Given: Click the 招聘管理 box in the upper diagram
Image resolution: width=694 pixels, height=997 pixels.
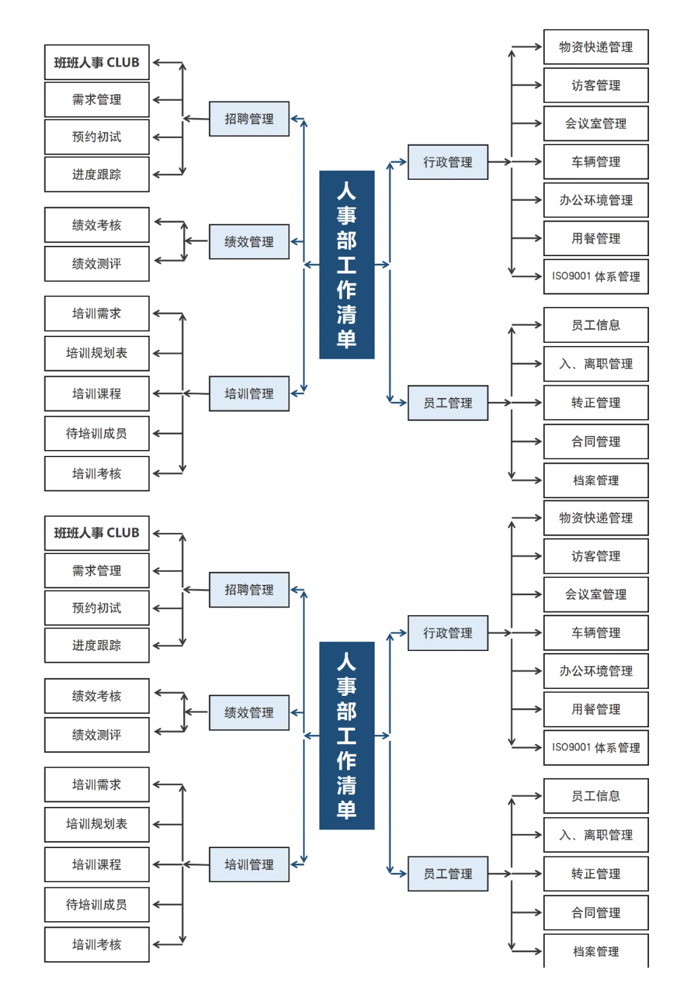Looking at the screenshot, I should tap(249, 119).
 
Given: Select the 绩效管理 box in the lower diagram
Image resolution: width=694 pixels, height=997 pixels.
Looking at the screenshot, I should tap(249, 713).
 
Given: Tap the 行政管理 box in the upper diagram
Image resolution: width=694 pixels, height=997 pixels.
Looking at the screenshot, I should tap(447, 162).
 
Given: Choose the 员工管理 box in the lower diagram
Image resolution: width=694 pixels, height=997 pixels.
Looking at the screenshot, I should tap(447, 874).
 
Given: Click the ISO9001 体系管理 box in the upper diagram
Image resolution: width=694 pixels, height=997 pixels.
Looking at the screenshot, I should tap(596, 277).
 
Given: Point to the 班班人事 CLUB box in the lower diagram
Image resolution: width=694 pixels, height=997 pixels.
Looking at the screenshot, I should tap(96, 533).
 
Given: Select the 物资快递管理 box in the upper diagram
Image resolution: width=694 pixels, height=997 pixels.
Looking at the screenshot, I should tap(596, 47).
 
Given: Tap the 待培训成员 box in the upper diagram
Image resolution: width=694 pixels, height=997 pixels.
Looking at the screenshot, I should tap(96, 433).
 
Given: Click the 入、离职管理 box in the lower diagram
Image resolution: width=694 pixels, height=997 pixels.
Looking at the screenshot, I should tap(596, 835).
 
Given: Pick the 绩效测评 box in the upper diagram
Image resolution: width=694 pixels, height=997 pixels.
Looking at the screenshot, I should tap(96, 263).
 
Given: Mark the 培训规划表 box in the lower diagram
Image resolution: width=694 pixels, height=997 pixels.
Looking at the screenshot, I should tap(96, 824).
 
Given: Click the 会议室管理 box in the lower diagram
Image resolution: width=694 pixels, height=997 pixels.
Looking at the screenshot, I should tap(596, 594).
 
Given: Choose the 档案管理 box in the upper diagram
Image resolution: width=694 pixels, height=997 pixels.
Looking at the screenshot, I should tap(596, 480).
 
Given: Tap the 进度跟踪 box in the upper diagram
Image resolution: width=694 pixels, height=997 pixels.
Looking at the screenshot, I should tap(96, 175).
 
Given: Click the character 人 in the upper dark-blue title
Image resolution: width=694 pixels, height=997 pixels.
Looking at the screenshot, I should tap(346, 191).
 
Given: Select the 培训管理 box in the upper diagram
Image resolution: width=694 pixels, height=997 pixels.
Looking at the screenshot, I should tap(249, 394).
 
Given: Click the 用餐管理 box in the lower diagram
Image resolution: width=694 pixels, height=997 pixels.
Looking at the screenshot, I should tap(596, 709).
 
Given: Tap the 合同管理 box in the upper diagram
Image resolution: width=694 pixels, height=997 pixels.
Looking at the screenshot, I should tap(596, 442).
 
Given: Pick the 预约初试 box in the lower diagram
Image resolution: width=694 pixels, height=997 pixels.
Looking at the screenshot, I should tap(96, 608).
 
